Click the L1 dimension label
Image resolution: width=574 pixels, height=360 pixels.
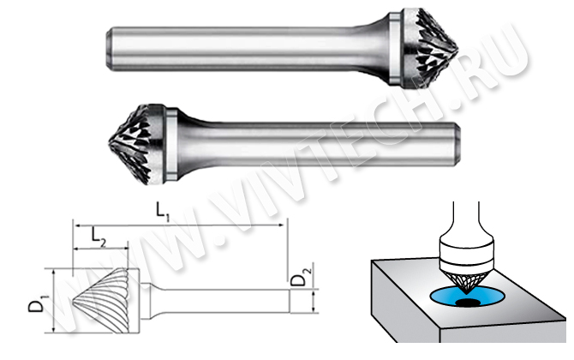pyautogui.click(x=163, y=212)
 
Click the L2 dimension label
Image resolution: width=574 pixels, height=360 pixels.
pyautogui.click(x=99, y=237)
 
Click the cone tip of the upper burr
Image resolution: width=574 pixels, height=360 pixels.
pyautogui.click(x=457, y=49)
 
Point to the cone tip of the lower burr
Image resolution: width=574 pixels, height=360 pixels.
pyautogui.click(x=110, y=143)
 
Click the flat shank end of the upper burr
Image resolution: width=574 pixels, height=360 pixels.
pyautogui.click(x=108, y=48)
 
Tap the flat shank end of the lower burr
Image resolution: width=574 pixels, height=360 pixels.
pyautogui.click(x=458, y=144)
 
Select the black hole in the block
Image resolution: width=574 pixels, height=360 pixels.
pyautogui.click(x=468, y=302)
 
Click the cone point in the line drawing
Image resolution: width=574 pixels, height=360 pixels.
pyautogui.click(x=73, y=301)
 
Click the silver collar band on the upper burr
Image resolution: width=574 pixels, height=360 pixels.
pyautogui.click(x=394, y=48)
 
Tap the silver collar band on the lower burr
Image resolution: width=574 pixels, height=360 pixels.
pyautogui.click(x=172, y=144)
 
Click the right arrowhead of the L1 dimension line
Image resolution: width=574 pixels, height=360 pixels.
pyautogui.click(x=281, y=225)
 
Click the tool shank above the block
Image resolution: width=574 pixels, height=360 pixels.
pyautogui.click(x=466, y=219)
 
